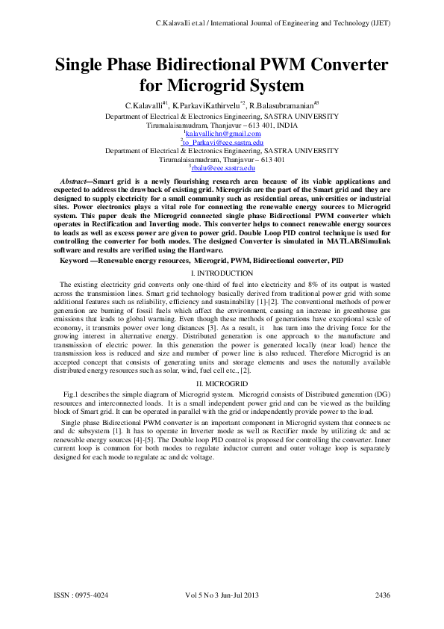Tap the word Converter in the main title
coord(340,64)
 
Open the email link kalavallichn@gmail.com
coord(223,134)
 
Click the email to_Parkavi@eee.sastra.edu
coord(222,142)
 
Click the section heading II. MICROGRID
coord(222,382)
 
